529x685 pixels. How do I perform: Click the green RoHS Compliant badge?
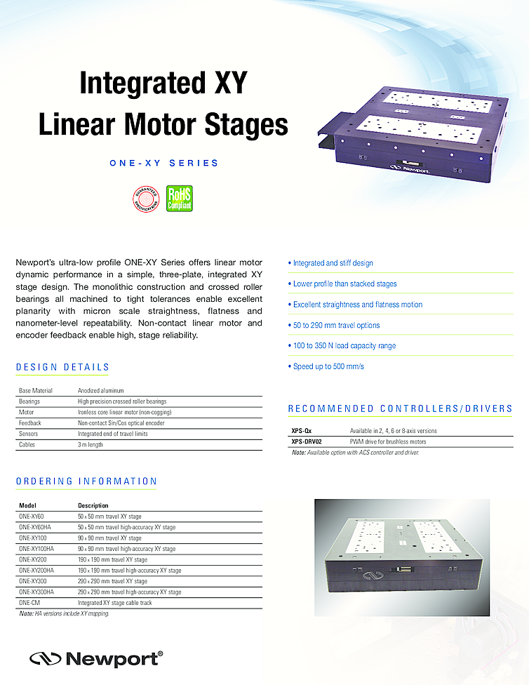(x=179, y=199)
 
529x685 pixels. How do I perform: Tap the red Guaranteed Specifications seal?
(x=146, y=199)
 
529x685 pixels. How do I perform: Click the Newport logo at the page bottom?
(x=96, y=658)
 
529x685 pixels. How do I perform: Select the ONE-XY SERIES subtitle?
(x=164, y=163)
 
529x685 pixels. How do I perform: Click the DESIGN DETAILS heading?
(x=62, y=367)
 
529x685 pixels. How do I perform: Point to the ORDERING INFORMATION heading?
(x=86, y=481)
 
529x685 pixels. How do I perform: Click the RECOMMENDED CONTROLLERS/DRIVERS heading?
(x=400, y=408)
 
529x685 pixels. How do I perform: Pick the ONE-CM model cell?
(x=29, y=603)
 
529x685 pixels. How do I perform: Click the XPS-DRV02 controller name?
(x=311, y=441)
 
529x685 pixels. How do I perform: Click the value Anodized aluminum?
(x=101, y=390)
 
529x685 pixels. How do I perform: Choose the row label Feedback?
(x=30, y=423)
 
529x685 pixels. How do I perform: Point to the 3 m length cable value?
(x=91, y=444)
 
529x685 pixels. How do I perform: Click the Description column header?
(x=93, y=505)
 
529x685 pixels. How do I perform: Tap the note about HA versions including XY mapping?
(x=64, y=613)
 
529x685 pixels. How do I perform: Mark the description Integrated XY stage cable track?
(x=116, y=603)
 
